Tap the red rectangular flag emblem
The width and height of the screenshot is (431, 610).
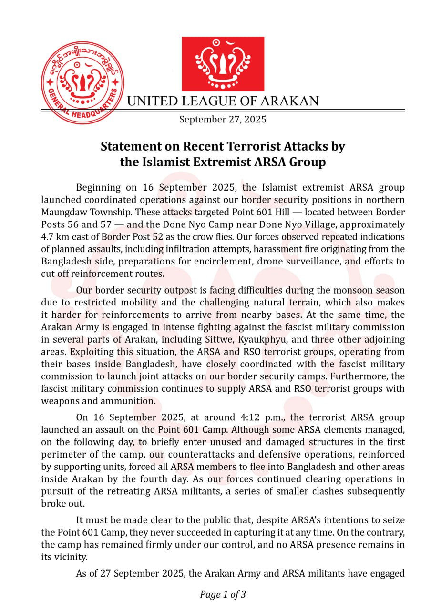coord(223,63)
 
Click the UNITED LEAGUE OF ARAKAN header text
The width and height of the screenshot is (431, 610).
coord(223,101)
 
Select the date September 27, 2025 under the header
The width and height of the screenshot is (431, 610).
coord(223,119)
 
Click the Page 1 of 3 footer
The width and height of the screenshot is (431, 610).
coord(223,594)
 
